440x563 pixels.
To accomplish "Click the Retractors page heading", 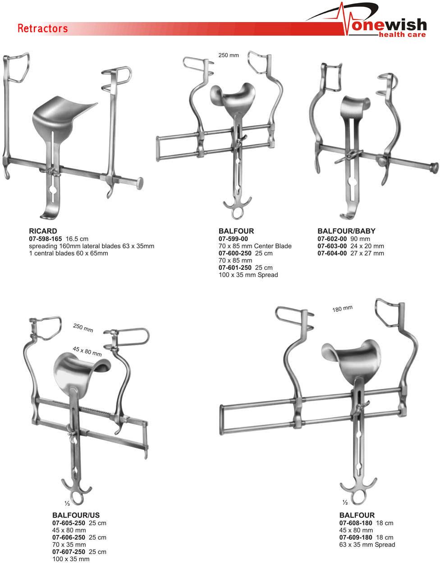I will coord(43,29).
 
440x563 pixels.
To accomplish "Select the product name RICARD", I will coord(43,231).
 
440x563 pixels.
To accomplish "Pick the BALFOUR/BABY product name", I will coord(346,231).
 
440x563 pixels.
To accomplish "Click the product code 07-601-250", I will coord(235,268).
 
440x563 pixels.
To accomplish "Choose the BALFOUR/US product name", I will coord(76,515).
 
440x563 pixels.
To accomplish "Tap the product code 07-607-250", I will coord(69,552).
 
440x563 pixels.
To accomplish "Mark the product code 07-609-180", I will coord(356,537).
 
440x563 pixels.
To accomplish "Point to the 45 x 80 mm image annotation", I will coord(87,351).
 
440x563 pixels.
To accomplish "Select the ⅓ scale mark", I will coord(67,503).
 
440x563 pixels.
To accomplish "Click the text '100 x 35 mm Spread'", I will coord(248,275).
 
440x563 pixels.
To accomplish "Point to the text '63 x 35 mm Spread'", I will coord(367,545).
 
